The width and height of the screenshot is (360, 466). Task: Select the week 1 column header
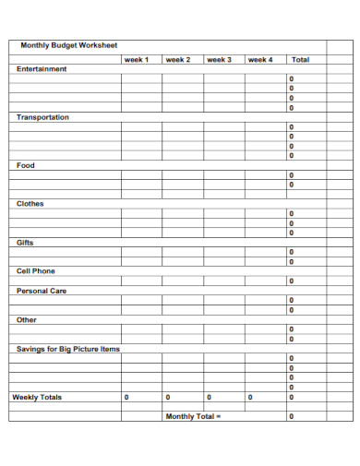pyautogui.click(x=136, y=59)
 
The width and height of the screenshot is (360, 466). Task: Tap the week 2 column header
pyautogui.click(x=177, y=59)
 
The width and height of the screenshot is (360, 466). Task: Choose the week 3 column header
pyautogui.click(x=219, y=59)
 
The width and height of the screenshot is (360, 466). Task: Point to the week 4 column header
pyautogui.click(x=260, y=59)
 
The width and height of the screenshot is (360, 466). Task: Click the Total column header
pyautogui.click(x=301, y=59)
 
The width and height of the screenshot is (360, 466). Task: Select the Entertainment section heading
pyautogui.click(x=42, y=69)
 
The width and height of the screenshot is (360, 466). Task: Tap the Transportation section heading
pyautogui.click(x=42, y=117)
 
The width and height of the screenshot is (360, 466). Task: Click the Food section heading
pyautogui.click(x=26, y=165)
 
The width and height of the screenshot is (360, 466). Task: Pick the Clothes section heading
pyautogui.click(x=30, y=204)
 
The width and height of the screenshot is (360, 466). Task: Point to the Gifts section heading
pyautogui.click(x=25, y=243)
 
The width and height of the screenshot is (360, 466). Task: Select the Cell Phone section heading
pyautogui.click(x=36, y=271)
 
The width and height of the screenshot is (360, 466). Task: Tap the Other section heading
pyautogui.click(x=27, y=320)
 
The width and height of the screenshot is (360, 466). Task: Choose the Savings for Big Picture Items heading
pyautogui.click(x=68, y=349)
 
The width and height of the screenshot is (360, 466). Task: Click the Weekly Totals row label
pyautogui.click(x=37, y=397)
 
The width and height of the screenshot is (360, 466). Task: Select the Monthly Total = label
pyautogui.click(x=194, y=416)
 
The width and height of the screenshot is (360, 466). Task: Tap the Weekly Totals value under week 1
pyautogui.click(x=126, y=397)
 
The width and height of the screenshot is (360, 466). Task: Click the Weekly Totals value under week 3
pyautogui.click(x=210, y=397)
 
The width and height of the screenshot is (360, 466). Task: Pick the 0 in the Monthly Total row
pyautogui.click(x=292, y=416)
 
